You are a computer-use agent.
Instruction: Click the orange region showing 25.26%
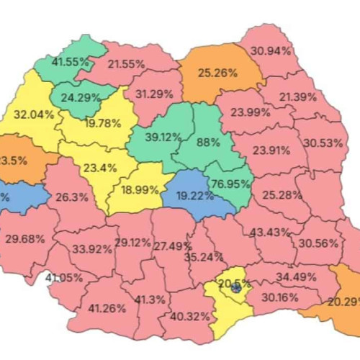pos(217,72)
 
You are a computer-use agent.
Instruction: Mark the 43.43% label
pos(270,232)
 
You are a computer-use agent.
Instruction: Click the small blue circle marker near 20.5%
pos(236,288)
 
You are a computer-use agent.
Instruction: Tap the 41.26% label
pos(107,308)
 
